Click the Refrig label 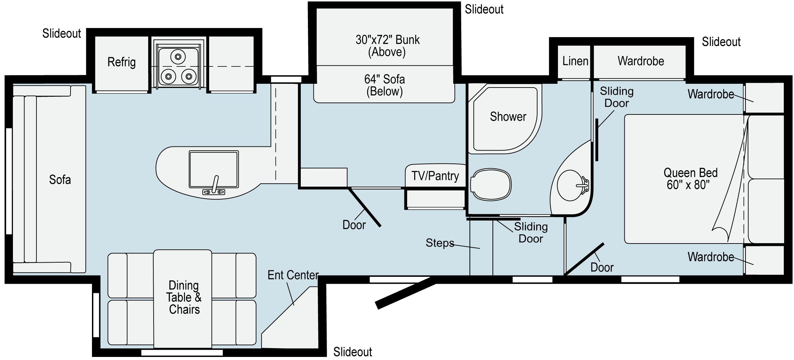(121, 62)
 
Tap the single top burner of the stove (178, 56)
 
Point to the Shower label (508, 117)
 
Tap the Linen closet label (575, 61)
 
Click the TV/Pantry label (435, 176)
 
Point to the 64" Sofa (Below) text (384, 85)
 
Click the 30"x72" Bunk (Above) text (387, 46)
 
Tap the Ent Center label (293, 275)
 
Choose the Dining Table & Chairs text (184, 297)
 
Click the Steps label (440, 243)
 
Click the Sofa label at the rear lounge (60, 180)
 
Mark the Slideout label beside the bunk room (484, 10)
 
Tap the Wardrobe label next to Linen (640, 61)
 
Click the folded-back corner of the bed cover (720, 233)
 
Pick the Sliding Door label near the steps (530, 233)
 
